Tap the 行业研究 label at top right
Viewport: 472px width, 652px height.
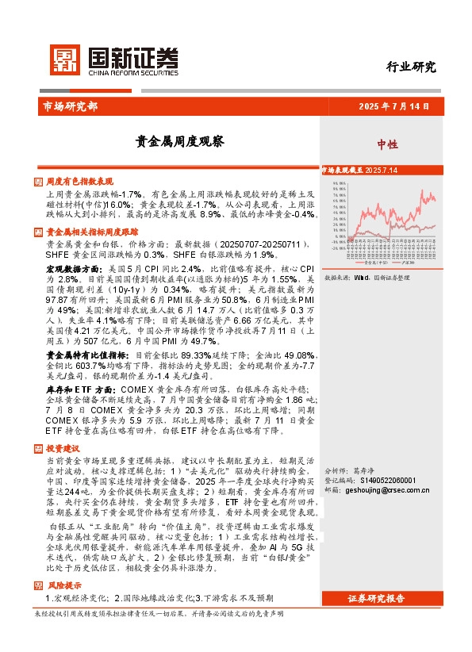411,67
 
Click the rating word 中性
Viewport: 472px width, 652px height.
387,144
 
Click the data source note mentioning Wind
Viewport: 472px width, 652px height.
369,278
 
